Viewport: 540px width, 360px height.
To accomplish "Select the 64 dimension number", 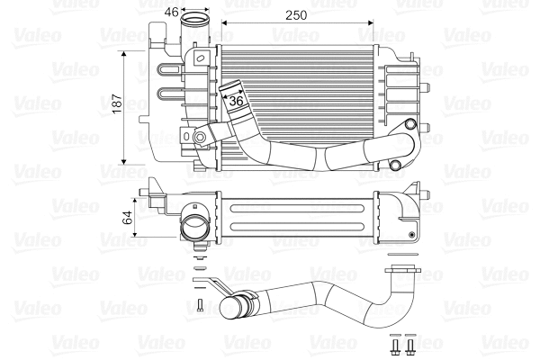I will click(128, 216).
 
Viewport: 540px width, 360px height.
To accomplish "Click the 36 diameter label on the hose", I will click(237, 103).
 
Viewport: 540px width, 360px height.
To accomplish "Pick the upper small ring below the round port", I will click(200, 256).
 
